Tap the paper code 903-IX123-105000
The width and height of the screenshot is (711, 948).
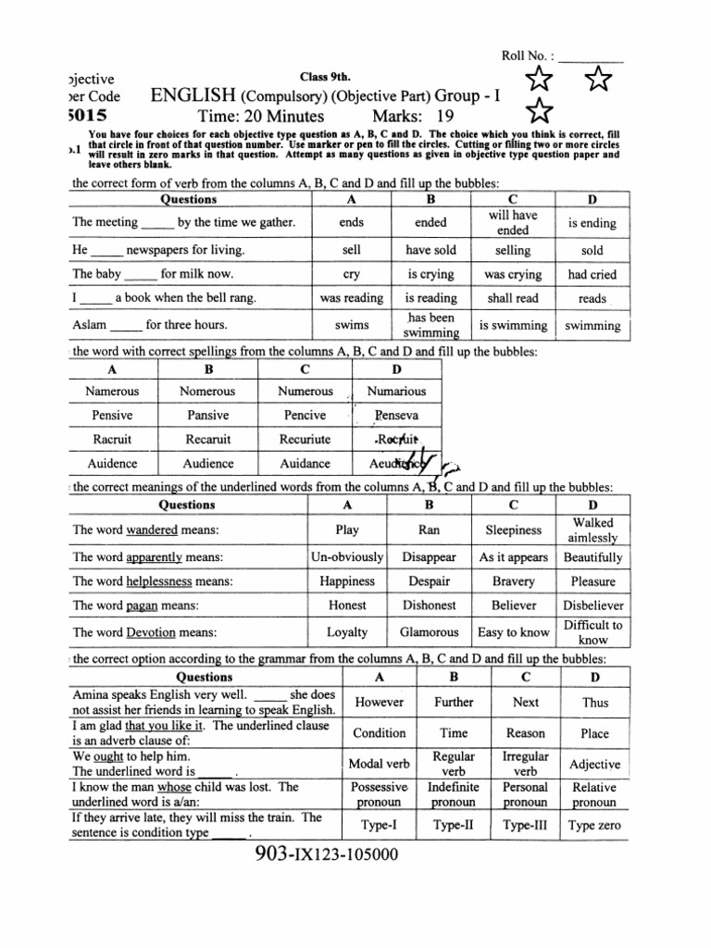click(x=331, y=854)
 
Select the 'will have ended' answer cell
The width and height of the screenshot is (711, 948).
click(x=512, y=222)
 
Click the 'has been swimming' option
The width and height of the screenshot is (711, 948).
click(x=430, y=325)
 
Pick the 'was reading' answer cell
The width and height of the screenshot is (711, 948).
click(x=351, y=298)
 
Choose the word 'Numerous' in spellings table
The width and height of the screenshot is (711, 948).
click(x=306, y=392)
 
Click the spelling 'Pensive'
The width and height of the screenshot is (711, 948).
click(x=112, y=416)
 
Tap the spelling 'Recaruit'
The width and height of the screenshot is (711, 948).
click(x=207, y=440)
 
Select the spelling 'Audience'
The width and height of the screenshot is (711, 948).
click(x=208, y=464)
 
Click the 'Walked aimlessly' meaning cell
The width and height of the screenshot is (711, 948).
click(x=593, y=530)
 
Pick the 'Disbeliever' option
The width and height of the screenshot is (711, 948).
click(x=593, y=605)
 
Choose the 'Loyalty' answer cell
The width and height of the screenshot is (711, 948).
click(x=347, y=632)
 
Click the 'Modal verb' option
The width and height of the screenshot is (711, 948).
click(x=379, y=764)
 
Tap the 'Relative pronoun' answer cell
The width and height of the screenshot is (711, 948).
click(x=593, y=794)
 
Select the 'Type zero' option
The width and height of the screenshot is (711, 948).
click(x=594, y=826)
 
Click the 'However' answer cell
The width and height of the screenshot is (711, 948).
click(x=379, y=703)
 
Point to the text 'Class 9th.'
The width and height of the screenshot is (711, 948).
click(x=319, y=75)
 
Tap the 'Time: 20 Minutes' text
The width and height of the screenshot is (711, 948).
click(x=260, y=116)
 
